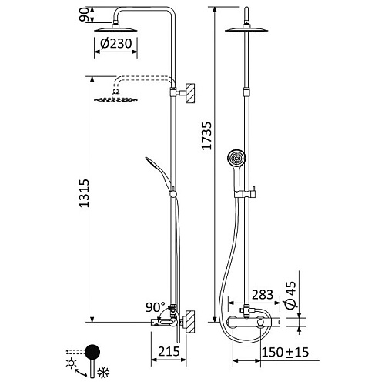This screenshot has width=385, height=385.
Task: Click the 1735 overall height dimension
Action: tap(206, 136)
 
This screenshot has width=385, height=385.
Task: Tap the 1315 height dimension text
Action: tap(84, 193)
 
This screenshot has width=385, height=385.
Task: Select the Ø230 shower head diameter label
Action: tap(116, 43)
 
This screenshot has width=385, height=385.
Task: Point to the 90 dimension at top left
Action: tap(84, 15)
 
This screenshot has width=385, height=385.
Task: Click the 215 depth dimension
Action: tap(169, 351)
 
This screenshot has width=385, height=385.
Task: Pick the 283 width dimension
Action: tap(263, 295)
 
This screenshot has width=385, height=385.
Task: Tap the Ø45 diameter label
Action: tap(290, 295)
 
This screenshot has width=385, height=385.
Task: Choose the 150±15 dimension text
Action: tap(285, 352)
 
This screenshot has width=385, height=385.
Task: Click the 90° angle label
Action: tap(156, 307)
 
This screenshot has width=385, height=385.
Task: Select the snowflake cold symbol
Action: tap(103, 372)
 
